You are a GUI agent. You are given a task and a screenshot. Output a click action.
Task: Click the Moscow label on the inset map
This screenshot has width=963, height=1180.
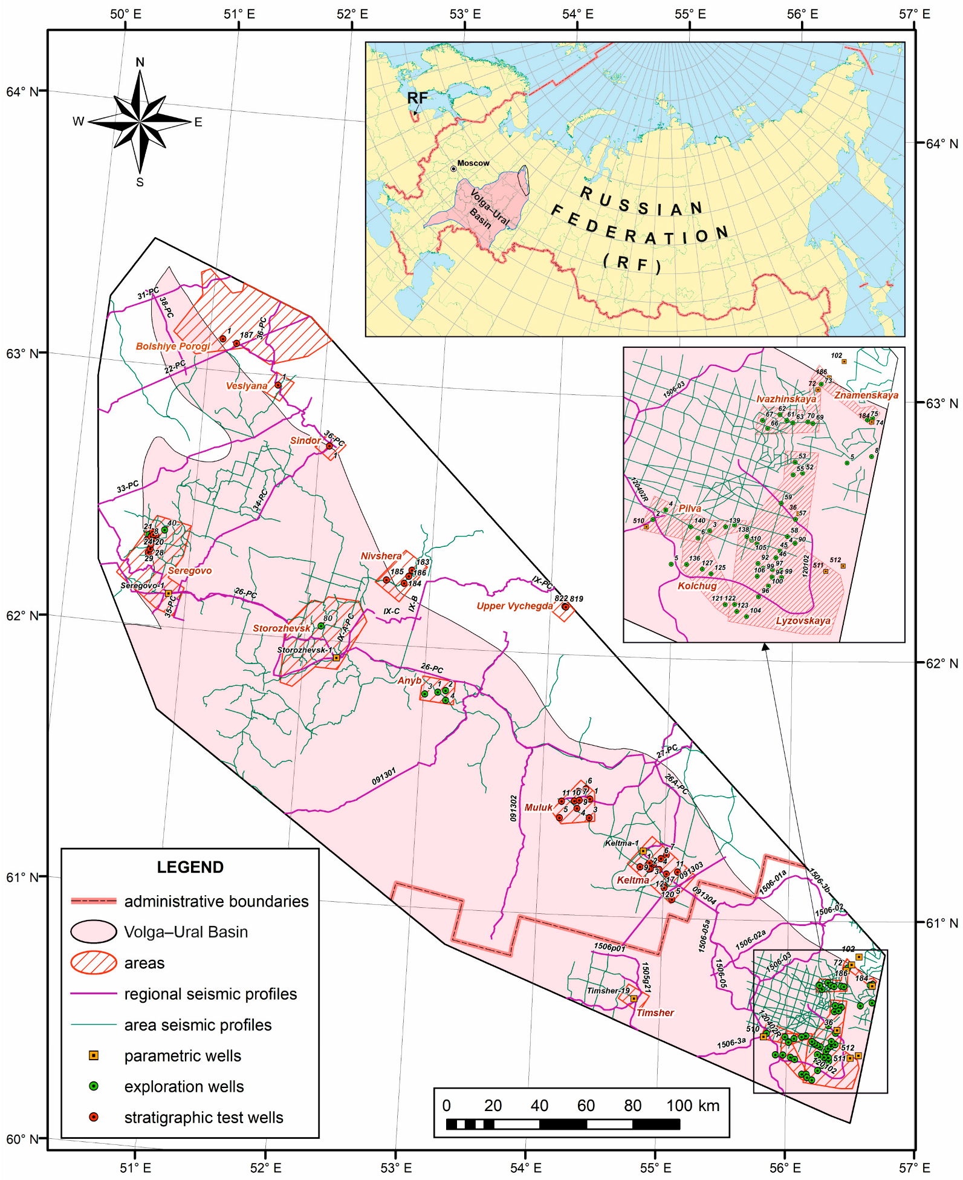473,163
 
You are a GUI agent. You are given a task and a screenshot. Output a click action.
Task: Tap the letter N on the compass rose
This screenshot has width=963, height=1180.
140,62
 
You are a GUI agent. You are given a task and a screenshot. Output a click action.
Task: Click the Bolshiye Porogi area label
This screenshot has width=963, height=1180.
173,347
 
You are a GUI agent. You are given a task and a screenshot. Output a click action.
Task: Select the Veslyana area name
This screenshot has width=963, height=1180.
247,386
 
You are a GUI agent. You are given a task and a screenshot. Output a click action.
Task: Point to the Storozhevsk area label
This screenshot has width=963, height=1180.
281,628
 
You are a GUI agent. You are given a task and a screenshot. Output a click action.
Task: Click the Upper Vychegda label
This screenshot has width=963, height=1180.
514,606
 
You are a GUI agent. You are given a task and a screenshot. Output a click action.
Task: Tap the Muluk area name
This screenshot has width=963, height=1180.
538,807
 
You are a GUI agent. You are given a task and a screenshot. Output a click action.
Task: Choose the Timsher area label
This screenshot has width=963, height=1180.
655,1012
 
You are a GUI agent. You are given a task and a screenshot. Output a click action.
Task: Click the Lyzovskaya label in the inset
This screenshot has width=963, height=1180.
803,621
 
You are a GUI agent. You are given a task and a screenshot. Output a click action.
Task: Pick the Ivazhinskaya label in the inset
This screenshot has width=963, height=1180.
786,399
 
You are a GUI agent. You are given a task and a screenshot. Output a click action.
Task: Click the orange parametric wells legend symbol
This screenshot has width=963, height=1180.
94,1055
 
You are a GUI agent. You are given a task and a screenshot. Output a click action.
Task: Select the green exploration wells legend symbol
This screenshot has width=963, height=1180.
94,1086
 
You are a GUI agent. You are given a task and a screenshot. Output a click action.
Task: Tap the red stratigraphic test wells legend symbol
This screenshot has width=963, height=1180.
94,1117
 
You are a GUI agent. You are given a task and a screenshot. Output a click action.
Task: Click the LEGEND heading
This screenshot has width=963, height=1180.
190,867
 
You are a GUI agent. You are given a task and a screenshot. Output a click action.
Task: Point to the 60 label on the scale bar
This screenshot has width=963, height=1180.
585,1106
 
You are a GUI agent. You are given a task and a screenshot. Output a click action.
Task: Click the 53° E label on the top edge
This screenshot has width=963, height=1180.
465,14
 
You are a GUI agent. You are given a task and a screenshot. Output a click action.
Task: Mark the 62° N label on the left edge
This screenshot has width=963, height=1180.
22,616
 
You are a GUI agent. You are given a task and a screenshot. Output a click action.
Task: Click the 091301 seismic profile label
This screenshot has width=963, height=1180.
384,777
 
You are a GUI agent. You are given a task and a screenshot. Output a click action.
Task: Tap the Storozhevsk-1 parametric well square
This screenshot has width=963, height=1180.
337,657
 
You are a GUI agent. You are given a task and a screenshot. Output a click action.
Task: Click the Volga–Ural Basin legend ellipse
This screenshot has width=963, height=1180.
94,932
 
